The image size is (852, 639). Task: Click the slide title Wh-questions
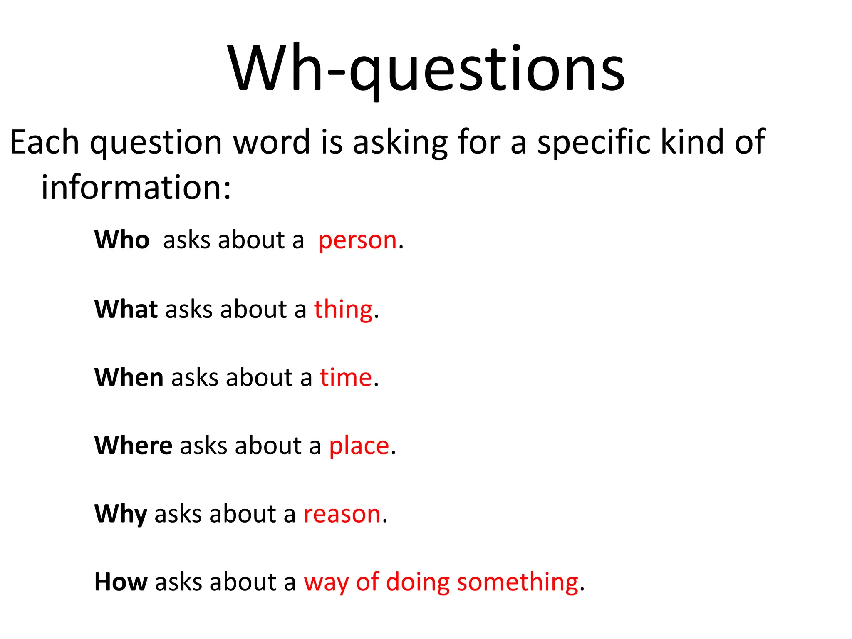pos(426,69)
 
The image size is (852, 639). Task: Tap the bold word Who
pos(122,240)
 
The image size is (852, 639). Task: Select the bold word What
pos(126,309)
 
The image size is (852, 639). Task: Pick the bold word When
pos(129,377)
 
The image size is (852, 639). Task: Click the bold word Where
pos(133,446)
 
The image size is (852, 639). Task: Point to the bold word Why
pos(121,514)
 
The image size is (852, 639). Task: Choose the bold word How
pos(121,582)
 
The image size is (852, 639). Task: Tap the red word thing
pos(343,310)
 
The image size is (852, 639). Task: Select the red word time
pos(346,378)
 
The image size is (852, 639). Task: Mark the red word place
pos(359,446)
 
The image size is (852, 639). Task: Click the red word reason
pos(342,514)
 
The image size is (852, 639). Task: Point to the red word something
pos(518,582)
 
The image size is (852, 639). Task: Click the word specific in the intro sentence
pos(594,143)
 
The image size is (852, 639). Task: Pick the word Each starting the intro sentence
pos(44,142)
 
